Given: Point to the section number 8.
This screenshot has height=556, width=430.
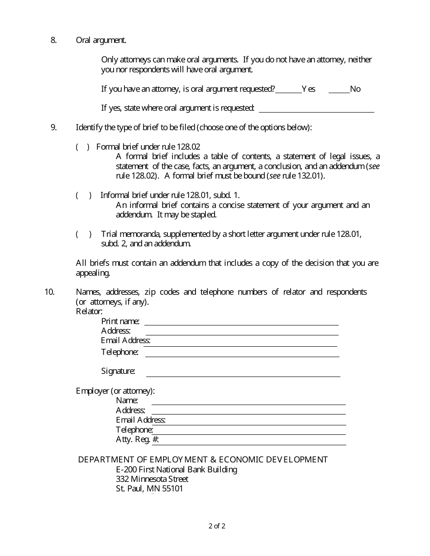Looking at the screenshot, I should coord(53,40).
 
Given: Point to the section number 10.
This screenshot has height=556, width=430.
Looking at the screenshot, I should coord(49,292).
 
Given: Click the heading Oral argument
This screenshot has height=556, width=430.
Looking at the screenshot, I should coord(101,40).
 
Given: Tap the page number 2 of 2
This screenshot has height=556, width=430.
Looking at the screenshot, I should coord(217,526).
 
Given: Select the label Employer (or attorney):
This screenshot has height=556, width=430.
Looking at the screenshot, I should coord(115,391).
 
